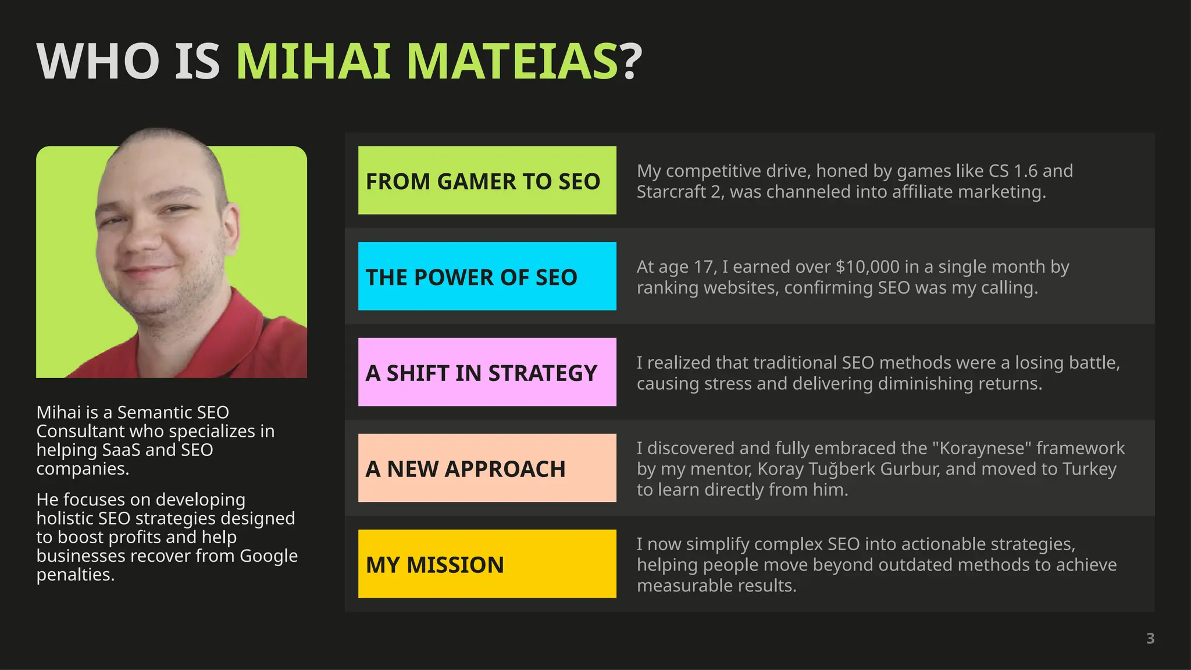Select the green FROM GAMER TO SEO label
pyautogui.click(x=487, y=180)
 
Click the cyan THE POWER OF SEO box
pyautogui.click(x=487, y=276)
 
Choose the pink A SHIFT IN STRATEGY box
pyautogui.click(x=487, y=372)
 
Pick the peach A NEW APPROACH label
pyautogui.click(x=487, y=468)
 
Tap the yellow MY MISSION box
pyautogui.click(x=487, y=564)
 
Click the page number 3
pyautogui.click(x=1150, y=639)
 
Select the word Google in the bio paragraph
pyautogui.click(x=268, y=556)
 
